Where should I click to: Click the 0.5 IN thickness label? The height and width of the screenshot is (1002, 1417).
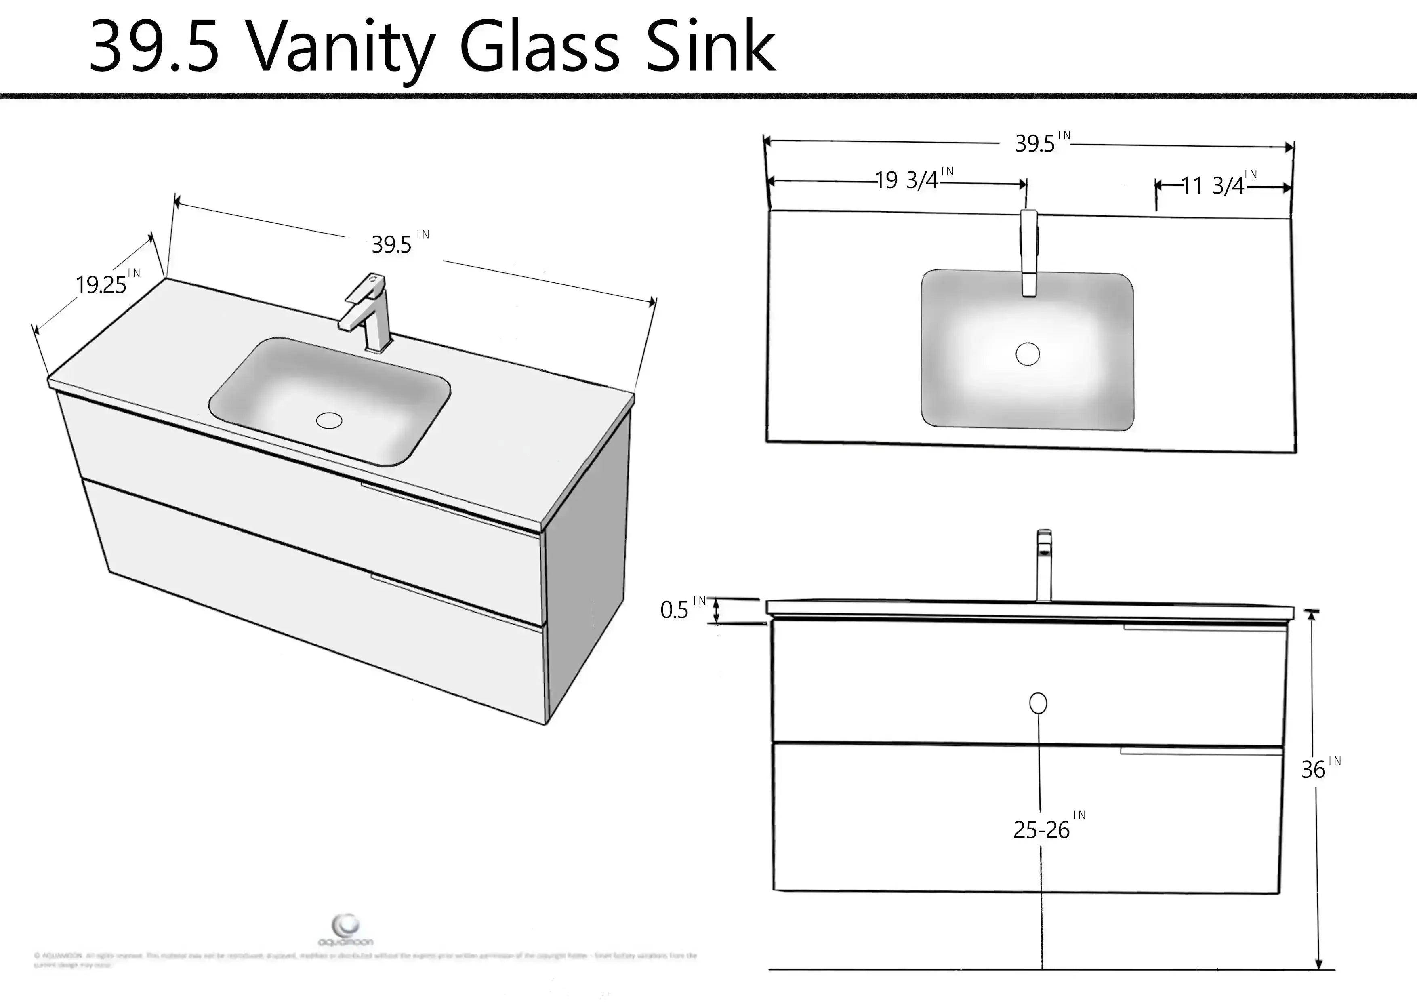[x=679, y=609]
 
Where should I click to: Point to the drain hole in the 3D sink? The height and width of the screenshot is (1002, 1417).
[x=329, y=421]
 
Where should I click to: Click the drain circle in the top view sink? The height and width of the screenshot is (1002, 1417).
[x=1028, y=354]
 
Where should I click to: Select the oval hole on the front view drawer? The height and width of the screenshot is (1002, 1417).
[x=1038, y=703]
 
